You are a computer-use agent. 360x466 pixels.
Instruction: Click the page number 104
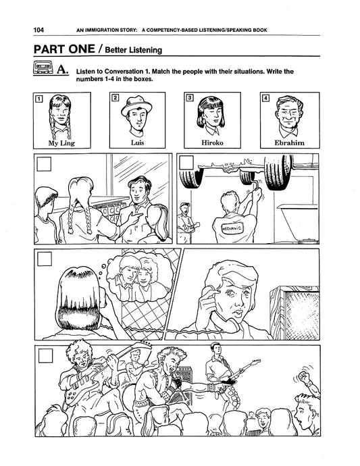[38, 30]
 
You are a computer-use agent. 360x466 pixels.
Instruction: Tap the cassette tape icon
[43, 68]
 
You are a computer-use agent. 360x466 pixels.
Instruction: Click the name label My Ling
[61, 143]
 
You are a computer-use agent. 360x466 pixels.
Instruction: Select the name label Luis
[137, 143]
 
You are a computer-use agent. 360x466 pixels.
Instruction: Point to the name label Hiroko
[212, 143]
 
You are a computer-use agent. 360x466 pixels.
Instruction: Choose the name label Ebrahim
[289, 143]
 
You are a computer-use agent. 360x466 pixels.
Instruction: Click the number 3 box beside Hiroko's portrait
[189, 97]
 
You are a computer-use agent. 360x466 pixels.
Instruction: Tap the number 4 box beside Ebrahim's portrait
[265, 98]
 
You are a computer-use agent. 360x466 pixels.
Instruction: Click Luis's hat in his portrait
[136, 105]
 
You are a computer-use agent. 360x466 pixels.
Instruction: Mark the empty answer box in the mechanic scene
[186, 163]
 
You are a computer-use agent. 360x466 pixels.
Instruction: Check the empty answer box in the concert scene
[45, 355]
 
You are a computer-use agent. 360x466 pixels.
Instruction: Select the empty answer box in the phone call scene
[45, 259]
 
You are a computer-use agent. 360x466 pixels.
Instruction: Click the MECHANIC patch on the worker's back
[232, 228]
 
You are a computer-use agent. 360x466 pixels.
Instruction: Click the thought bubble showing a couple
[138, 278]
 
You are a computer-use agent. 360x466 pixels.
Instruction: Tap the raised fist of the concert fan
[304, 377]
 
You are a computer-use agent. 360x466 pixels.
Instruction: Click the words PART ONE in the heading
[64, 49]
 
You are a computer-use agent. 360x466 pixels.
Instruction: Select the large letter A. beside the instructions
[62, 70]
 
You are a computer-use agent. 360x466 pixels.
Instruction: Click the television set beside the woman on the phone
[294, 313]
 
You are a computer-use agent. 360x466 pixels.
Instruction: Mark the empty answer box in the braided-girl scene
[44, 163]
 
